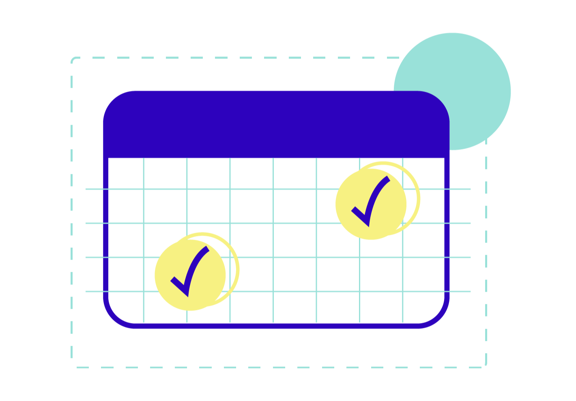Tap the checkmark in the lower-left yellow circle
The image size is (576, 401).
(x=189, y=271)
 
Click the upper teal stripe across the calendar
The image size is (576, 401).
(x=284, y=240)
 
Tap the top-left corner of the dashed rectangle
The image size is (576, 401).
(x=73, y=60)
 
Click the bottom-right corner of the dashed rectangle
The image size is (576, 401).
(x=485, y=366)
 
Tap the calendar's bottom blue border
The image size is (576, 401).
(x=276, y=325)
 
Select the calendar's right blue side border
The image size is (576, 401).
(x=447, y=244)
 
